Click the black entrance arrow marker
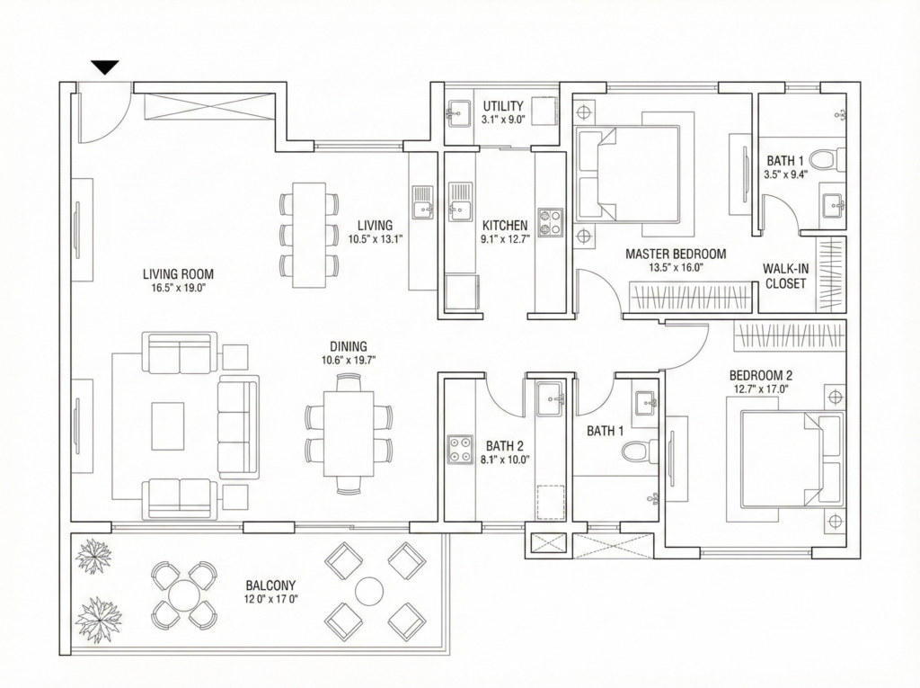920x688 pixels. click(x=106, y=67)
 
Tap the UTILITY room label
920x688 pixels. click(x=503, y=106)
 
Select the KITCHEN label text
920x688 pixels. click(x=505, y=225)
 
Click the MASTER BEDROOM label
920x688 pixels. click(x=676, y=254)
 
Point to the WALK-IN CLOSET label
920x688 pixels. click(x=785, y=276)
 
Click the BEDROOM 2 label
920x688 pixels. click(x=761, y=375)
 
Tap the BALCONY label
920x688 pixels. click(x=270, y=585)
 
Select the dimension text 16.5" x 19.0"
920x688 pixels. click(x=179, y=288)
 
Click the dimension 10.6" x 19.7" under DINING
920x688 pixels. click(x=349, y=360)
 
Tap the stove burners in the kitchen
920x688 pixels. click(x=551, y=222)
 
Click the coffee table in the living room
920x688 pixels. click(x=168, y=424)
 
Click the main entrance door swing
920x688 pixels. click(x=104, y=121)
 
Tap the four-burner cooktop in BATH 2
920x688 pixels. click(x=460, y=450)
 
